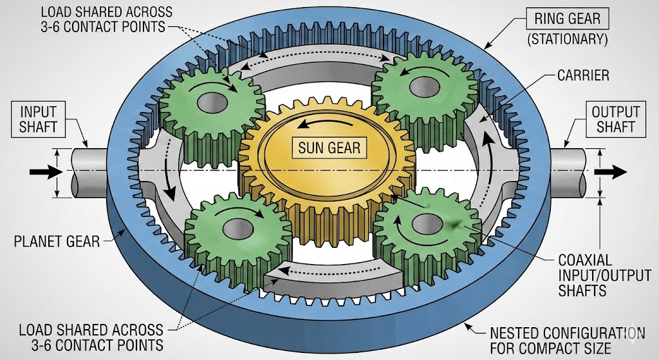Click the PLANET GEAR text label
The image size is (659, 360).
[x=57, y=242]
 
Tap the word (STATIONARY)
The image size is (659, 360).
[x=567, y=39]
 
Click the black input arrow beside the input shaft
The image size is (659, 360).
[x=42, y=172]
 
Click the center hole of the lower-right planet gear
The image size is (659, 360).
[x=425, y=224]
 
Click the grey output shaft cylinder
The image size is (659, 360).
[x=570, y=172]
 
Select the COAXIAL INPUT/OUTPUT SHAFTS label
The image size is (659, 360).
[x=582, y=276]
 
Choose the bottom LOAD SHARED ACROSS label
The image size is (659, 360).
[x=90, y=337]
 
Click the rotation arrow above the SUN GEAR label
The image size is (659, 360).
[x=325, y=123]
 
